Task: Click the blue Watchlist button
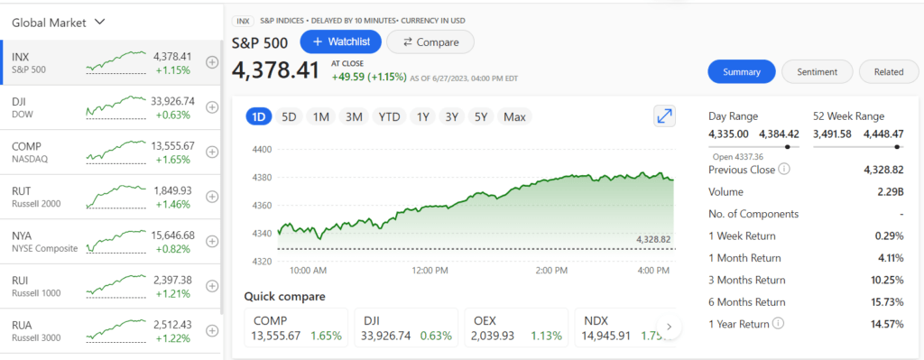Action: click(340, 42)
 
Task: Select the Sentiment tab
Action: click(817, 72)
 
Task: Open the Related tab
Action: click(888, 72)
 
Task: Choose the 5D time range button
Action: click(289, 116)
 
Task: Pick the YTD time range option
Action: click(389, 116)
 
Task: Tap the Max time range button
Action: click(514, 116)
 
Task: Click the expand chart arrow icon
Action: click(664, 116)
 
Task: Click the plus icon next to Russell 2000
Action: click(212, 197)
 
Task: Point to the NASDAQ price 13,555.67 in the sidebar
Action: click(174, 145)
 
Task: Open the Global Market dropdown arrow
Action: click(99, 21)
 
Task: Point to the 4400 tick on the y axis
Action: click(262, 150)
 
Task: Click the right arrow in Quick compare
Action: click(669, 327)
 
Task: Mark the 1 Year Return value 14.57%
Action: click(885, 324)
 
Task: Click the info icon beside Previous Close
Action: click(784, 170)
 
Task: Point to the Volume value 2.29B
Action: click(887, 191)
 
